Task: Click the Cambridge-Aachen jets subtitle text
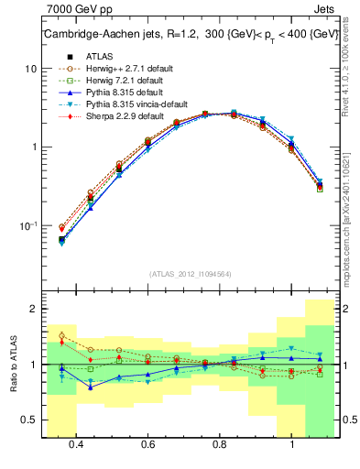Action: click(x=192, y=35)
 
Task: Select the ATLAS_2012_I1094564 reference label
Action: click(x=191, y=273)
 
